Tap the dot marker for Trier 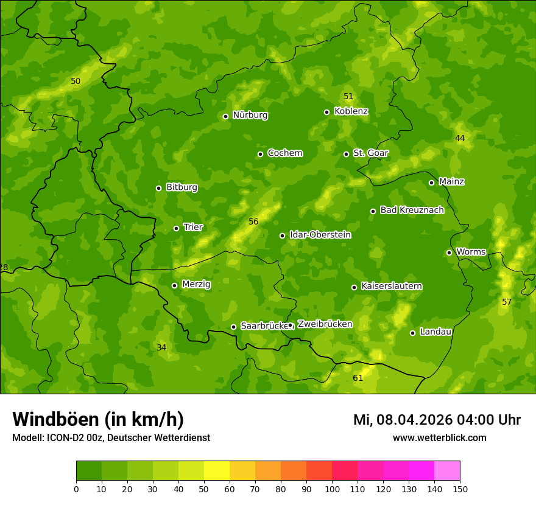177,229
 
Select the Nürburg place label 250,115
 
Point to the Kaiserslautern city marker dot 354,287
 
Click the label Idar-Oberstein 320,235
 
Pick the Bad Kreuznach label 412,210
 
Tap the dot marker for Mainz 431,183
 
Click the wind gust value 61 358,378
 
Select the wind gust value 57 506,302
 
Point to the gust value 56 253,222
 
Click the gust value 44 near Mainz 460,139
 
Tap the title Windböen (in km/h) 98,419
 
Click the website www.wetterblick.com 439,438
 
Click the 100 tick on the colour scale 332,489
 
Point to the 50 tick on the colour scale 204,489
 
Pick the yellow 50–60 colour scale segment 217,471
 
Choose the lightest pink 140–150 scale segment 447,471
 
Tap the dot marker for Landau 412,333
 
